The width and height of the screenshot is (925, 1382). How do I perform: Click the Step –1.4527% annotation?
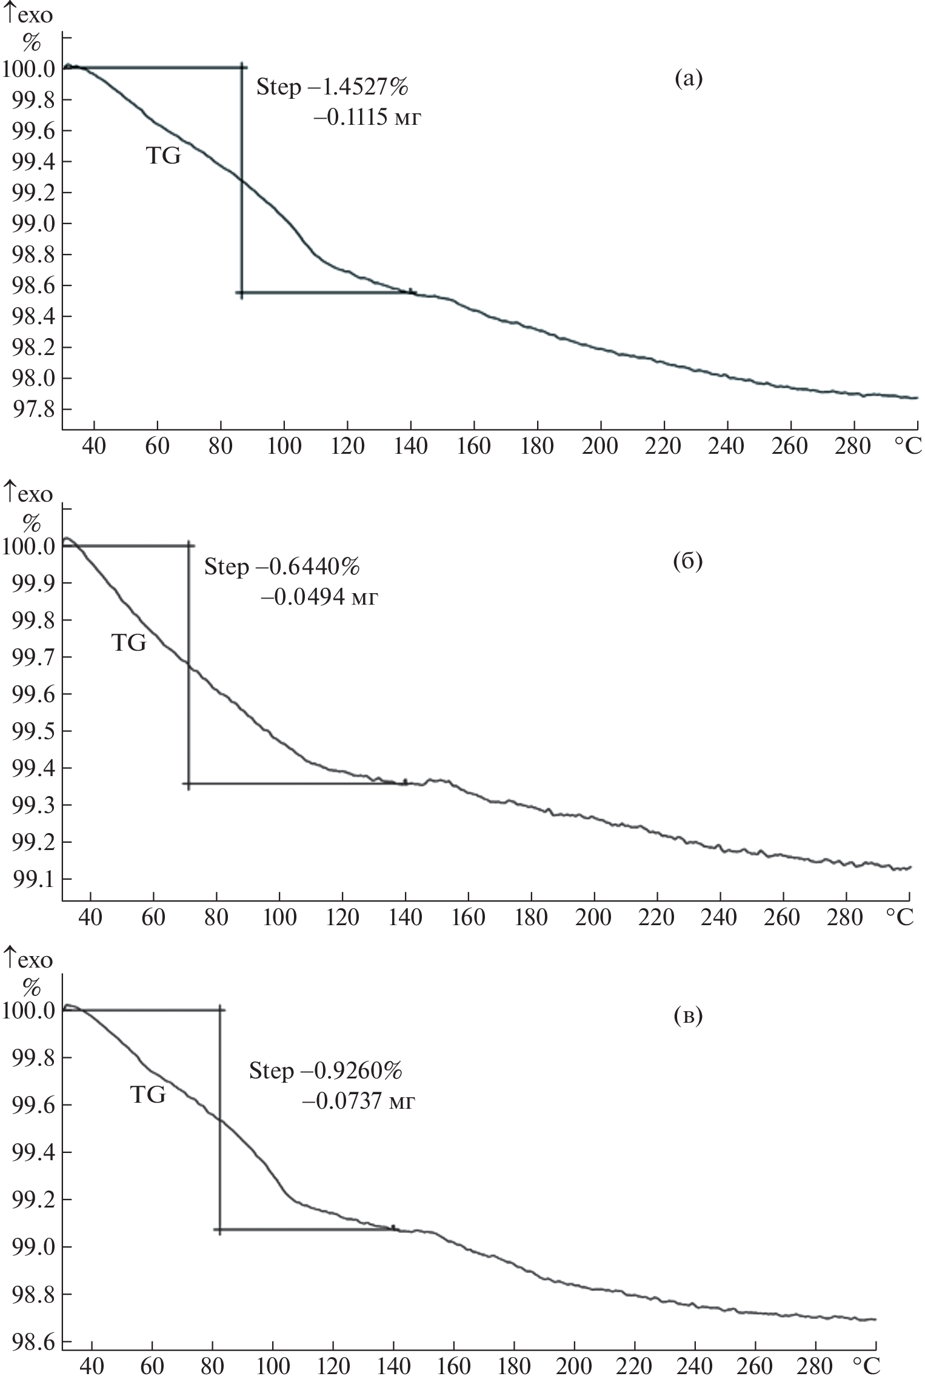332,87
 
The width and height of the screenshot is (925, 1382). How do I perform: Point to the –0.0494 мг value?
319,598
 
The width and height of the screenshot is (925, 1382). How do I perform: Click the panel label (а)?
689,79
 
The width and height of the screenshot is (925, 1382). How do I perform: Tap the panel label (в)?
688,1015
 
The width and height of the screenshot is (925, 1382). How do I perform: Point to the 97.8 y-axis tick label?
28,410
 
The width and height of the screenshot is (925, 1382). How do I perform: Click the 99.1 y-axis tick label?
28,879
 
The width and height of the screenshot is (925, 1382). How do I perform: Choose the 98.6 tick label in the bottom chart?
28,1341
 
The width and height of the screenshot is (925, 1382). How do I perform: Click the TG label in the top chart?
163,156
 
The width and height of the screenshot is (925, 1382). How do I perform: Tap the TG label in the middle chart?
129,643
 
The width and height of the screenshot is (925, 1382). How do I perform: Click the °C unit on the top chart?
907,447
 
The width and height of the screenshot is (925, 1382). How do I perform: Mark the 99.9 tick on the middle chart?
28,583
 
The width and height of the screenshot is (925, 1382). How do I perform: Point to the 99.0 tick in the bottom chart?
28,1247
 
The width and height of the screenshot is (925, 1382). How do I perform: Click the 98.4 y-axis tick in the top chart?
28,316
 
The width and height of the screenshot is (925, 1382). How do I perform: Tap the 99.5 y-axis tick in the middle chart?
28,731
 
